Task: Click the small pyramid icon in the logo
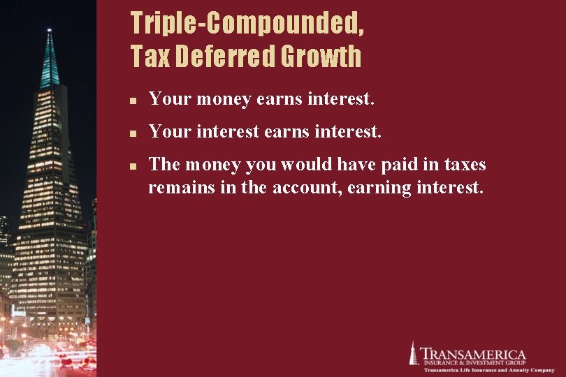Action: (x=413, y=353)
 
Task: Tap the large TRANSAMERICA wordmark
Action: (x=474, y=355)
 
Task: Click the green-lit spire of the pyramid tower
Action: (x=50, y=59)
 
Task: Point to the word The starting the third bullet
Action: (x=164, y=165)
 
